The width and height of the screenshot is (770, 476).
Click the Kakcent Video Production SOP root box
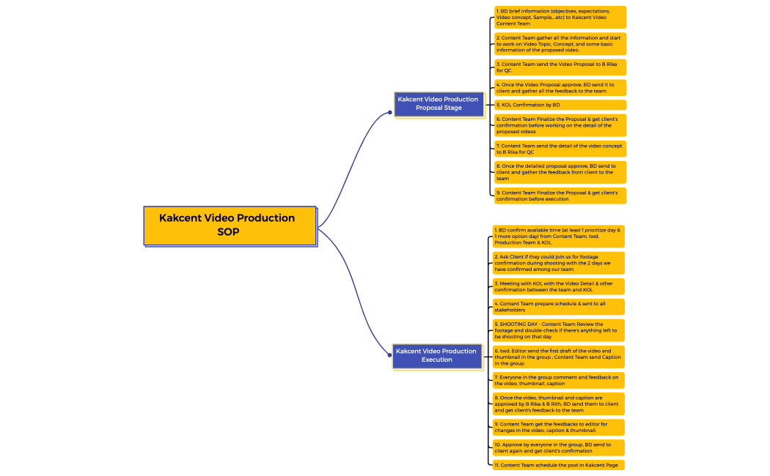coord(230,226)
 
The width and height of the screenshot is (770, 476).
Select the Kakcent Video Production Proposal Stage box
coord(439,105)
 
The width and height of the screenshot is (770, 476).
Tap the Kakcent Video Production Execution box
coord(437,357)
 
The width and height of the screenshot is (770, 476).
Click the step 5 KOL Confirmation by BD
coord(560,105)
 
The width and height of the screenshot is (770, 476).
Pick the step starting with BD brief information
coord(560,17)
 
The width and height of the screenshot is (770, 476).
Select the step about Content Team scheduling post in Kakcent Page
coord(558,465)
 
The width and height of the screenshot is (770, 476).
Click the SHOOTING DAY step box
coord(558,330)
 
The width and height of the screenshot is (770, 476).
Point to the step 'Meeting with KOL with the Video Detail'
coord(558,286)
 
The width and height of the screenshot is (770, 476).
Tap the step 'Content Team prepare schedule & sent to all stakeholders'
coord(558,307)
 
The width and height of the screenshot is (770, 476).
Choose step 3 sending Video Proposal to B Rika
coord(560,67)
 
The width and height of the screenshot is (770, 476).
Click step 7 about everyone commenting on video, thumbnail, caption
coord(558,380)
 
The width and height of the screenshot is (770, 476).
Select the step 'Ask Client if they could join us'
coord(558,263)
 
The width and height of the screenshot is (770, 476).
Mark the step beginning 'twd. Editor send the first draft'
coord(558,357)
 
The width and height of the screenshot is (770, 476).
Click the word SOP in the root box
coord(228,232)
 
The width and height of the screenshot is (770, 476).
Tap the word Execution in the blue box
coord(436,360)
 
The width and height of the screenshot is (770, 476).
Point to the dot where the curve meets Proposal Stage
coord(390,112)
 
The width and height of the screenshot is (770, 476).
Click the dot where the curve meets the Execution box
coord(390,355)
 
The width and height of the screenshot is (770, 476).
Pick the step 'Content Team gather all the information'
coord(560,44)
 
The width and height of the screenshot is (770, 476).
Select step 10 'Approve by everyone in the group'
coord(558,447)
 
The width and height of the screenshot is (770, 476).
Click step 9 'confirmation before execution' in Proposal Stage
coord(560,196)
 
